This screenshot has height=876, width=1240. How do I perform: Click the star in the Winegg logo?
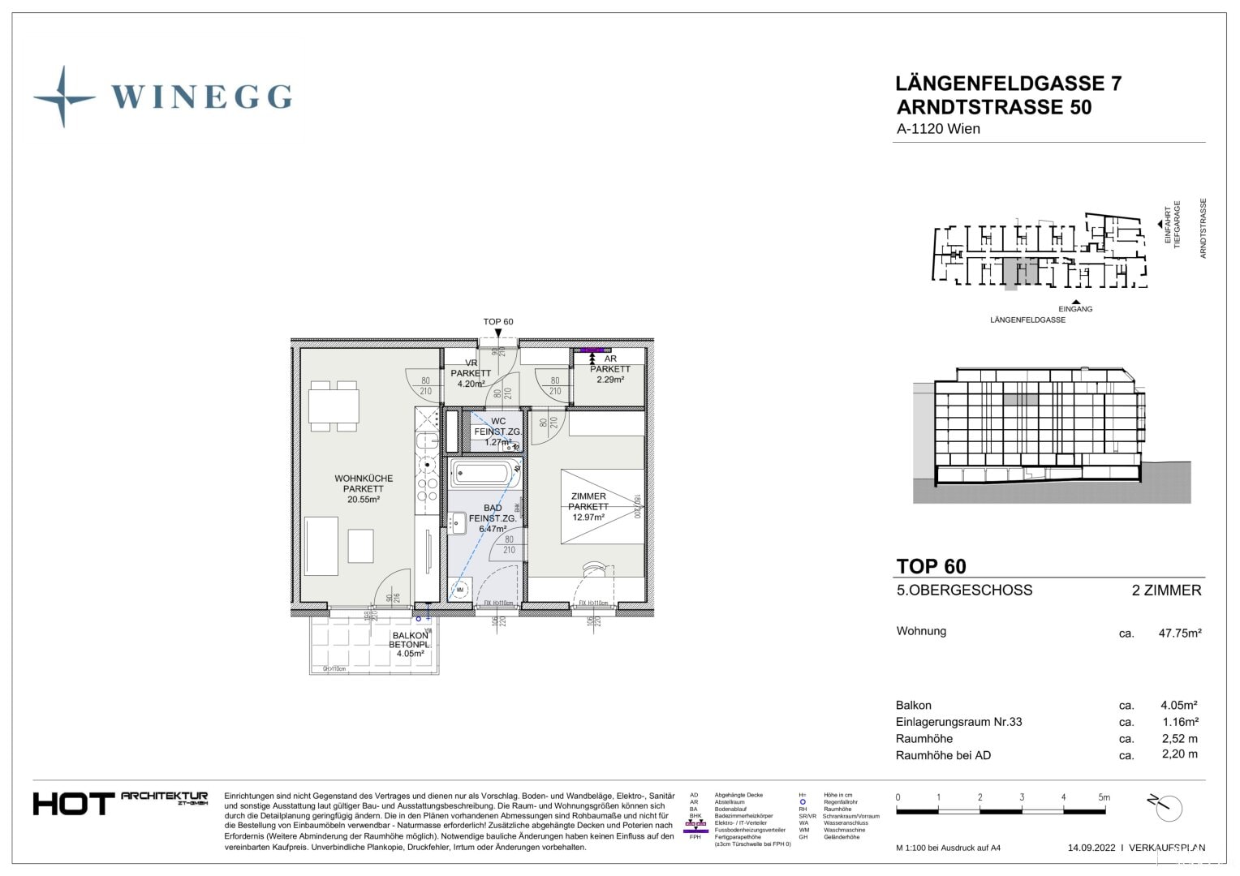point(63,97)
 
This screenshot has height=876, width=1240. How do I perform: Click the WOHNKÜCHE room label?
point(363,479)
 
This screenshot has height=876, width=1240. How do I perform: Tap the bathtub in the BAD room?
point(484,473)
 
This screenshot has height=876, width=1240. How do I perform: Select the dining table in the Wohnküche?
point(334,406)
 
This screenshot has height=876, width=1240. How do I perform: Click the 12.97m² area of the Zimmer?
point(588,517)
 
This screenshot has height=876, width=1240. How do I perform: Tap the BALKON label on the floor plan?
point(410,635)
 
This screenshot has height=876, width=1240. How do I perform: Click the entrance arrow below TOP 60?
point(498,333)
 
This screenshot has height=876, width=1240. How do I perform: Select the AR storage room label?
point(610,359)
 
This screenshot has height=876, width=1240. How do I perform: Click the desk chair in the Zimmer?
point(594,569)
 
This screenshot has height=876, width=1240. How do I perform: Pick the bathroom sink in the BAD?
point(458,522)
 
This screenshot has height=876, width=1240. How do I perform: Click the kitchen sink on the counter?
point(427,441)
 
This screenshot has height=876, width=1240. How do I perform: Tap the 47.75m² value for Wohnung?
point(1179,633)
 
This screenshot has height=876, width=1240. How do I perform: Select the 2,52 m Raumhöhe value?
point(1179,739)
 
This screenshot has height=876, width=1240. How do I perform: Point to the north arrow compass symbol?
point(1166,807)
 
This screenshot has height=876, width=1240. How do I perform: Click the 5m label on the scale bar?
point(1104,797)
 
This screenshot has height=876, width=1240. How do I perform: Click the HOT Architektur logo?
point(120,803)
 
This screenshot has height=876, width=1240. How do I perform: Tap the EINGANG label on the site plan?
point(1075,309)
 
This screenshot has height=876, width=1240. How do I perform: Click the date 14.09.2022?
point(1091,848)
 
